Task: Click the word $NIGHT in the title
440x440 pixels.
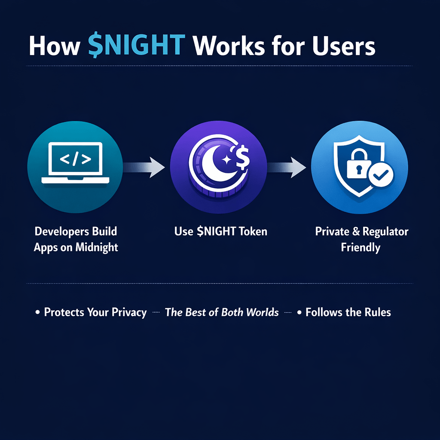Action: coord(137,46)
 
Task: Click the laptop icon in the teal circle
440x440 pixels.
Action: coord(75,163)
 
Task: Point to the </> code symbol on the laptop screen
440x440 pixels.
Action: coord(75,159)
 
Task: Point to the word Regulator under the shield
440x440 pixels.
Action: coord(385,232)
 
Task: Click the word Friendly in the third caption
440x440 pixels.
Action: coord(361,248)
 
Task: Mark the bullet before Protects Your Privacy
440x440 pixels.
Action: coord(37,313)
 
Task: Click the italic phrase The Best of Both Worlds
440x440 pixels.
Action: coord(222,312)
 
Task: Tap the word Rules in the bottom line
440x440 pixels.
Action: coord(377,312)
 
